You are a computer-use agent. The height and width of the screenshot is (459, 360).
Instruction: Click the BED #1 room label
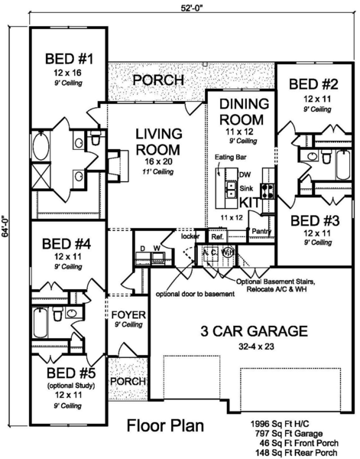tap(69, 58)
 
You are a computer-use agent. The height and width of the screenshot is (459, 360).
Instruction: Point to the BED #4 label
tap(67, 245)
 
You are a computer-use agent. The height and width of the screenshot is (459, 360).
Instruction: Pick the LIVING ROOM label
tap(157, 140)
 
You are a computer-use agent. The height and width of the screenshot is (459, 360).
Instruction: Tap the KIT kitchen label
tap(251, 202)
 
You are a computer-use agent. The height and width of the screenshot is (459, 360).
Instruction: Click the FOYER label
tap(124, 315)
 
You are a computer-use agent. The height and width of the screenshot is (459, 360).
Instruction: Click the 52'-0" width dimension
tap(180, 8)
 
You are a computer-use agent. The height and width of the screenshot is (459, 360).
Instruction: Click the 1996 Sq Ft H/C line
tap(287, 423)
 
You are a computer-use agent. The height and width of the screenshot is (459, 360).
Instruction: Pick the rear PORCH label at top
tap(158, 80)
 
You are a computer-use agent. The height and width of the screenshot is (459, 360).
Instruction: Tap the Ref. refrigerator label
tap(216, 237)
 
